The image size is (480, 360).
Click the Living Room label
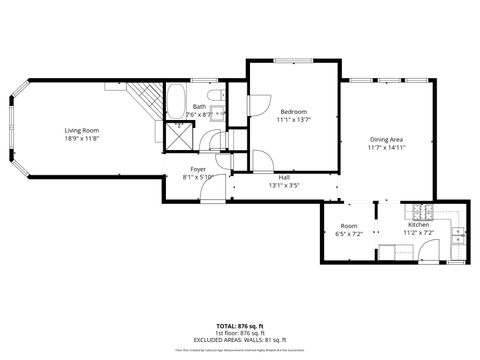tap(82, 131)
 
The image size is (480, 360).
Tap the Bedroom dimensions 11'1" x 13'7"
tap(293, 120)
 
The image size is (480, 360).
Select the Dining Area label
tap(386, 139)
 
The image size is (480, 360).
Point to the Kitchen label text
tap(417, 226)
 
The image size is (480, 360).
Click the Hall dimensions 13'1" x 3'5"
tap(284, 184)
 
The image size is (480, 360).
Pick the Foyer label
tap(199, 169)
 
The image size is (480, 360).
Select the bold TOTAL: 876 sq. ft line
tap(240, 325)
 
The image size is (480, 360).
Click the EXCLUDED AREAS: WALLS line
tap(240, 339)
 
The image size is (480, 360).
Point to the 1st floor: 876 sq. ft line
tap(240, 332)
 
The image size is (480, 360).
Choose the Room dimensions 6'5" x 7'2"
tap(348, 233)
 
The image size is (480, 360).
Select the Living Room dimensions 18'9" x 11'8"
tap(82, 139)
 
